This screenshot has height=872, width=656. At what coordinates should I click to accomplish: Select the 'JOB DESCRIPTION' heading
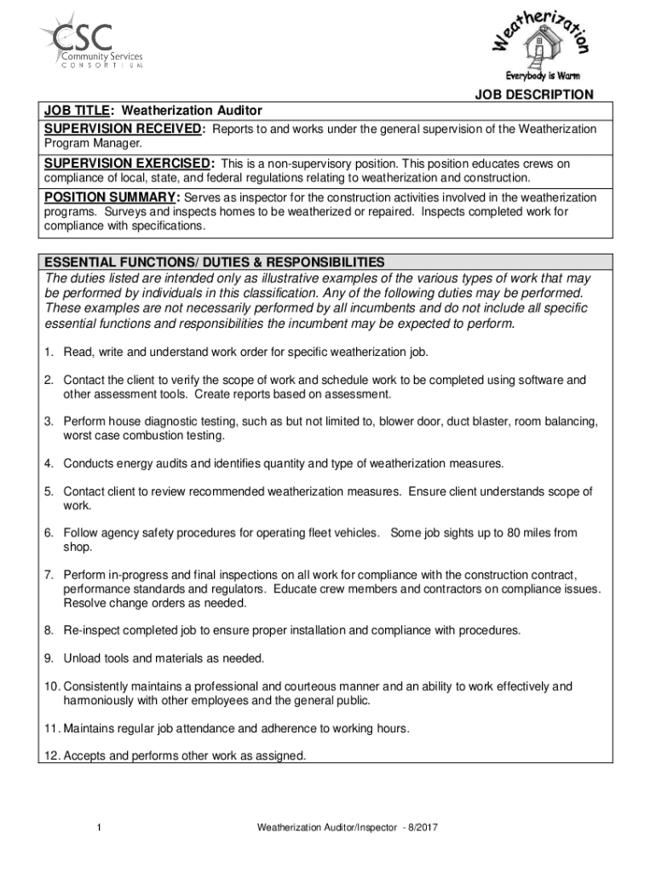(534, 95)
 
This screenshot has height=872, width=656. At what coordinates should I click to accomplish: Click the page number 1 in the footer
(100, 828)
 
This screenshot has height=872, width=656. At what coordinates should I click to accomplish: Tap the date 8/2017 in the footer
(420, 828)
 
